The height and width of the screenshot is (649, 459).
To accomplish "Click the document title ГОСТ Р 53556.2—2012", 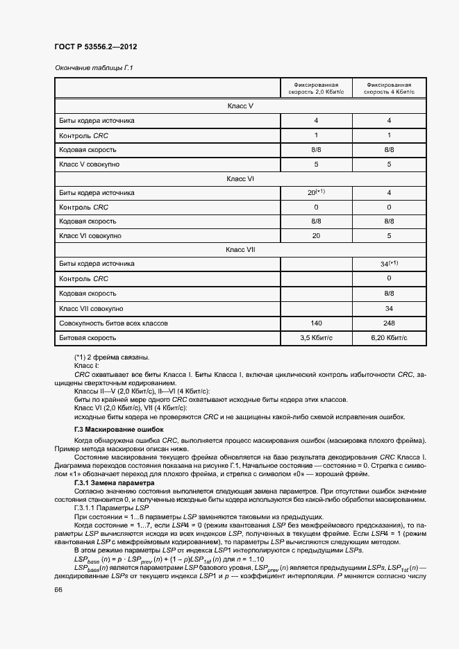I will pos(95,47).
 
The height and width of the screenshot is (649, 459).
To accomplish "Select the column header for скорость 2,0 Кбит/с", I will pos(315,87).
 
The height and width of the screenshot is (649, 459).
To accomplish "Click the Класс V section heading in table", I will pos(240,106).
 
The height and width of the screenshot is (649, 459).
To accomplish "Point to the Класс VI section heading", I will pos(240,178).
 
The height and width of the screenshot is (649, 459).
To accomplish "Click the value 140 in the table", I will pos(315,323).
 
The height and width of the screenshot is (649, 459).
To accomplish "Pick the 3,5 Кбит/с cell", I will pos(315,338).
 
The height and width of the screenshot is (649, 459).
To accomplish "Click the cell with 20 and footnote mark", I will pos(315,192).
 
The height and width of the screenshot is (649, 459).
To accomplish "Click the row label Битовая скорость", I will pos(87,338).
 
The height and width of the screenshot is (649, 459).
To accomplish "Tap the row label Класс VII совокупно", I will pos(92,308).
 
